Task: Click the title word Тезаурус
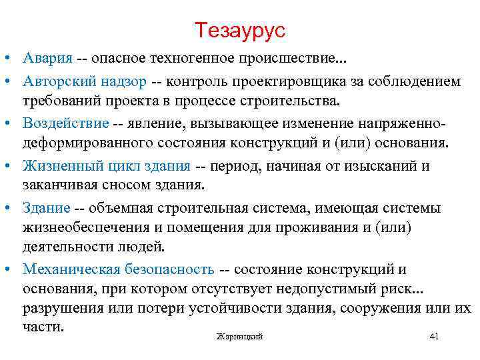(240, 30)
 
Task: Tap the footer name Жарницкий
(240, 337)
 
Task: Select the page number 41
(434, 336)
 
